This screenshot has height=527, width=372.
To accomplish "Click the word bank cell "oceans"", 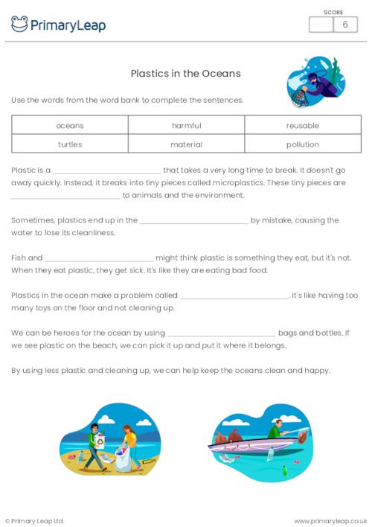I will pyautogui.click(x=70, y=125).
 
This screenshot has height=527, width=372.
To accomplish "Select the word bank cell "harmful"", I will pyautogui.click(x=186, y=125).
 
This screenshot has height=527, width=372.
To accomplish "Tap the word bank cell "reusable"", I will pyautogui.click(x=302, y=125).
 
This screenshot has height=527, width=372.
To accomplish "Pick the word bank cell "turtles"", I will pyautogui.click(x=70, y=144).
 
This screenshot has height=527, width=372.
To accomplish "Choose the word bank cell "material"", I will pyautogui.click(x=186, y=144).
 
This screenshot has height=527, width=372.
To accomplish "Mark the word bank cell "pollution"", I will pyautogui.click(x=302, y=144).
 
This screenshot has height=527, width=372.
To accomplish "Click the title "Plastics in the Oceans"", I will pyautogui.click(x=185, y=74).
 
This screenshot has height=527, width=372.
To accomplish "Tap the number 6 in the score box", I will pyautogui.click(x=344, y=25).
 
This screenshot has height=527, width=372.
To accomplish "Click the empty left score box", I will pyautogui.click(x=321, y=25).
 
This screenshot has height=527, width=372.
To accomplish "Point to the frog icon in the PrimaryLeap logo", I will pyautogui.click(x=19, y=25).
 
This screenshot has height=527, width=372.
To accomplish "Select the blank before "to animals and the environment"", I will pyautogui.click(x=65, y=197).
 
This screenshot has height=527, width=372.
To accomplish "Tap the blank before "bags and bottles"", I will pyautogui.click(x=221, y=333).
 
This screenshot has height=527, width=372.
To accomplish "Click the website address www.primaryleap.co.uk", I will pyautogui.click(x=330, y=520).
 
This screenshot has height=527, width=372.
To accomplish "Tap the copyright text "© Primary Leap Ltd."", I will pyautogui.click(x=35, y=520).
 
